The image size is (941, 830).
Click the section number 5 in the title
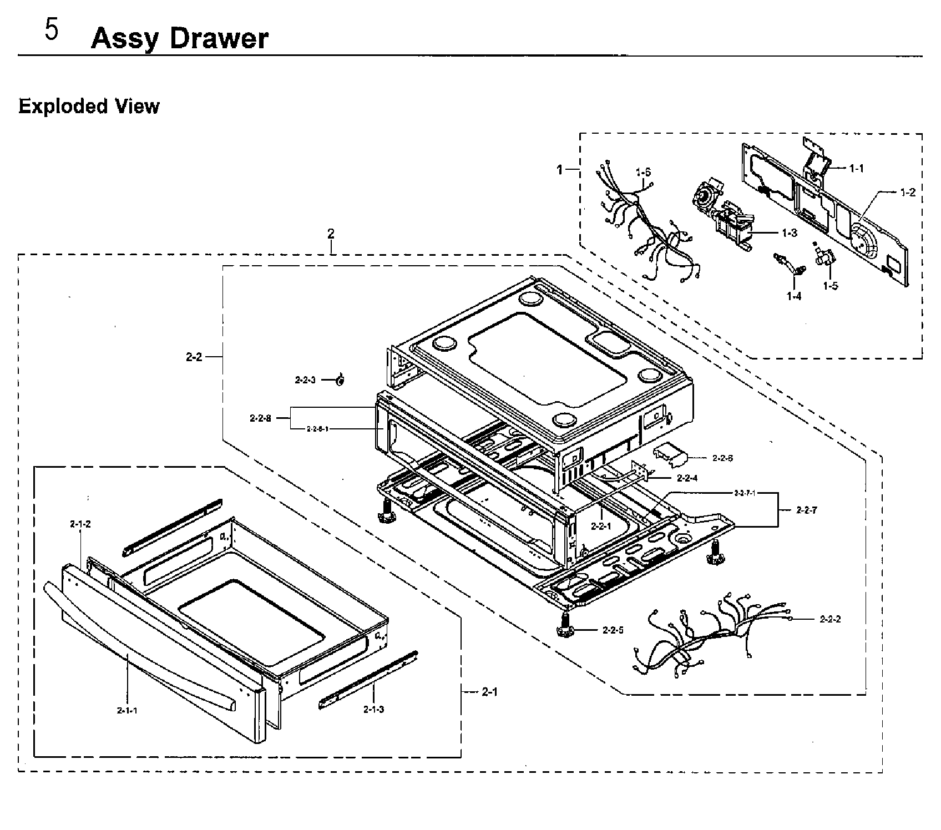point(51,31)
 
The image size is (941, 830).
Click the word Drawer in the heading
point(219,39)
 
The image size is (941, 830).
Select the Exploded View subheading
point(89,106)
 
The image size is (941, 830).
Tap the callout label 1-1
point(857,169)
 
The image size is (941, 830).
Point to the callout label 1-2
point(908,193)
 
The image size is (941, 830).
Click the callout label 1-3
point(790,233)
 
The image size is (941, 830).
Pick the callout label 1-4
point(794,297)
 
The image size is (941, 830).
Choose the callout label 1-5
point(831,286)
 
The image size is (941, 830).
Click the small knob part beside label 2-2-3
point(340,380)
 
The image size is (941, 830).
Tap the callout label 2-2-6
point(722,458)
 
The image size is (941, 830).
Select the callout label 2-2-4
point(687,478)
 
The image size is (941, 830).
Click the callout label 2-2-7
point(806,510)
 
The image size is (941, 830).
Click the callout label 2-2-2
point(830,619)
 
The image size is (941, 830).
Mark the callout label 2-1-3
point(373,709)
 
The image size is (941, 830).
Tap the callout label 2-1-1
point(127,711)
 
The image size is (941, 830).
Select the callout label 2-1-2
point(80,524)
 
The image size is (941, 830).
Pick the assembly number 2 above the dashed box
point(331,234)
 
